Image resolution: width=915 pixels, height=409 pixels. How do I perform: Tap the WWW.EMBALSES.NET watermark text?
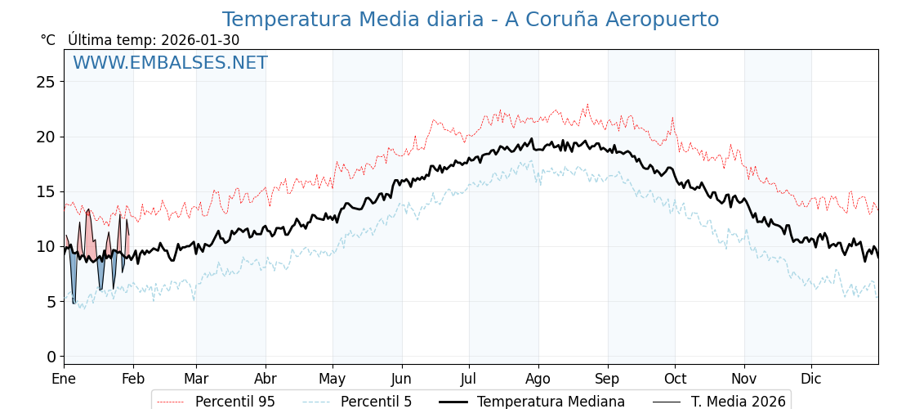170,63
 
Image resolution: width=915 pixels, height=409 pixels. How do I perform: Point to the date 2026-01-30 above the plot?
200,40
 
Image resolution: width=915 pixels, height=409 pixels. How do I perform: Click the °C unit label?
47,40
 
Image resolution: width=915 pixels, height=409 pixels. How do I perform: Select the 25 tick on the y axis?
46,82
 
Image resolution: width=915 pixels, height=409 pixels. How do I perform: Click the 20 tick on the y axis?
46,137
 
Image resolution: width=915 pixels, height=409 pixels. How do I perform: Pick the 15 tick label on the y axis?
46,191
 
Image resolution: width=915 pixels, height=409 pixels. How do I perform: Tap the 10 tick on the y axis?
46,246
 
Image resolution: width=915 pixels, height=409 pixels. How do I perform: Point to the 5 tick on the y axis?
51,301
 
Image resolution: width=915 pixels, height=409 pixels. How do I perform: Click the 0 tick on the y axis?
51,357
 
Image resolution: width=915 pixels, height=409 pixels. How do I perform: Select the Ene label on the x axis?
64,379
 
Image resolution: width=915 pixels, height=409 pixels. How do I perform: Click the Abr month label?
266,379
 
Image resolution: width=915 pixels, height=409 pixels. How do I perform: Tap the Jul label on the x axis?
469,379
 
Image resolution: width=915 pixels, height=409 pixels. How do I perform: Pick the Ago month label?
538,379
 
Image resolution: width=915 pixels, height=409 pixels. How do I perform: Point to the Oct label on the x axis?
675,379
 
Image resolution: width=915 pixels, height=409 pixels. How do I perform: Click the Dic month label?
811,379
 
